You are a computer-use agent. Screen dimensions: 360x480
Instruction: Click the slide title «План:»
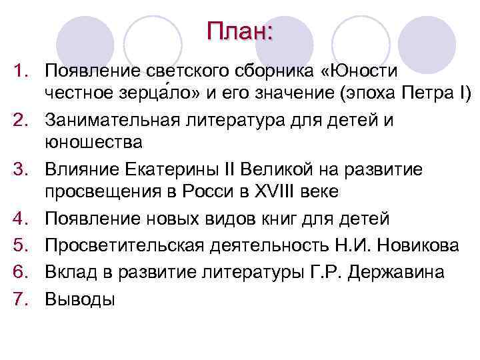[239, 31]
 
